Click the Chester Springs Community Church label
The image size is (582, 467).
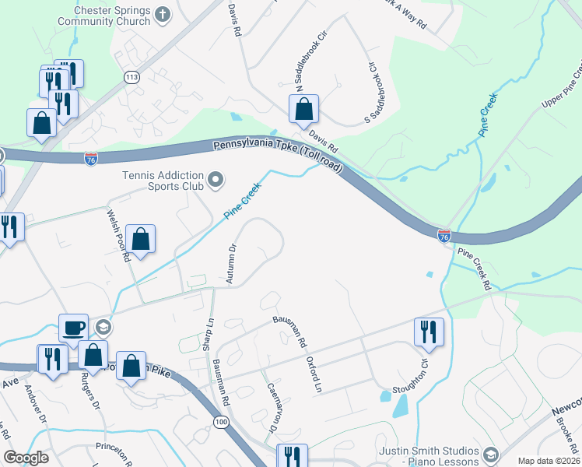click(x=111, y=16)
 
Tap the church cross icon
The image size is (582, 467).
click(x=163, y=14)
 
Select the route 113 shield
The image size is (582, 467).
click(x=131, y=76)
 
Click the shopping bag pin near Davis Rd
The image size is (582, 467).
click(x=303, y=110)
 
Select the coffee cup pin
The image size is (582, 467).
click(x=74, y=327)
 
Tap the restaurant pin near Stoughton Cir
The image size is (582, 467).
click(x=429, y=332)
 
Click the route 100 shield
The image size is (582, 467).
click(x=222, y=421)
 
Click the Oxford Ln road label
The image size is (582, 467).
click(x=314, y=374)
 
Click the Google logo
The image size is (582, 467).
click(x=26, y=458)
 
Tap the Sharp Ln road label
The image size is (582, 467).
click(x=209, y=334)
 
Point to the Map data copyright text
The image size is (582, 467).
click(x=549, y=460)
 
